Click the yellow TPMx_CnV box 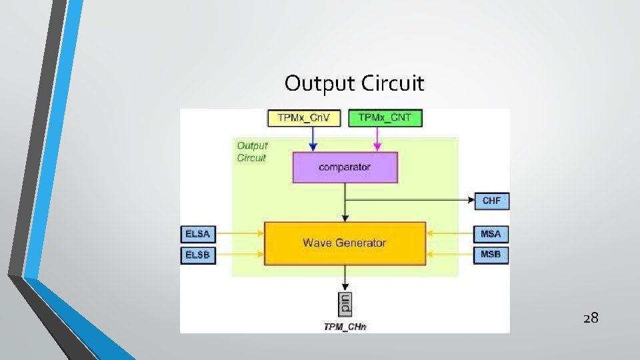tap(304, 118)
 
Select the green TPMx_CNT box tap(385, 118)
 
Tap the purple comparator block tap(345, 167)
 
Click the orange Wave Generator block tap(345, 243)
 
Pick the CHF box tap(491, 200)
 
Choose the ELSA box tap(198, 233)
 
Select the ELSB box tap(198, 255)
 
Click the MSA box tap(491, 233)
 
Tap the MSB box tap(491, 255)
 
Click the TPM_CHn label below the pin tap(345, 326)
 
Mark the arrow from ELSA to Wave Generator tap(240, 233)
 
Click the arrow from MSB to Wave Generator tap(450, 254)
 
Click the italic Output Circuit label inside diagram tap(252, 151)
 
